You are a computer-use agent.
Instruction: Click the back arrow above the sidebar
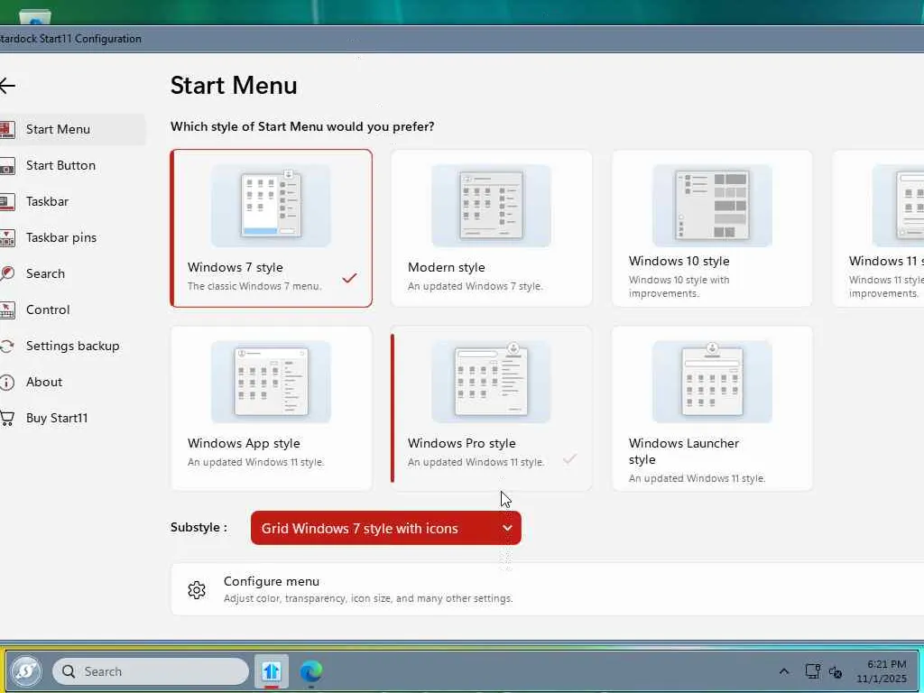(x=7, y=86)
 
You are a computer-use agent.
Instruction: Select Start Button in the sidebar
(x=60, y=166)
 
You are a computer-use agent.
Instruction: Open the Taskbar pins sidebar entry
(x=61, y=237)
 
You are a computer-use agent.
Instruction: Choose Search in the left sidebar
(x=45, y=273)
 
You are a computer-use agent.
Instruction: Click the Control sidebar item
(x=48, y=310)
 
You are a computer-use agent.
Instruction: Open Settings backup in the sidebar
(x=72, y=346)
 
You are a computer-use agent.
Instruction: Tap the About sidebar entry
(x=44, y=382)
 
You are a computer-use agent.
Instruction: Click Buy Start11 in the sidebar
(x=57, y=418)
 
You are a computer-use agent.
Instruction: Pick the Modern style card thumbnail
(x=492, y=205)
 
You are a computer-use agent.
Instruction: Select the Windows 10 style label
(x=679, y=261)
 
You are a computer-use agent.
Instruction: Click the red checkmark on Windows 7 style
(x=349, y=277)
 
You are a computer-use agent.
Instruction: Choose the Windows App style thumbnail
(x=271, y=382)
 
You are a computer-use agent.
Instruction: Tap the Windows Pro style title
(x=461, y=443)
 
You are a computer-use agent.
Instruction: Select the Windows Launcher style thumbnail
(x=712, y=382)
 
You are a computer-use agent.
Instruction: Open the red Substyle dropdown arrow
(x=507, y=528)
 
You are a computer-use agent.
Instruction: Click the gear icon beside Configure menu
(x=197, y=590)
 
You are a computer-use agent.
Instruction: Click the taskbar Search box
(x=151, y=671)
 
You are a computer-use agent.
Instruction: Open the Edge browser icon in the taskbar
(x=311, y=671)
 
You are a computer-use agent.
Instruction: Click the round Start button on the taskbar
(x=26, y=670)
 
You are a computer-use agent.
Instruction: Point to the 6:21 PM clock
(x=886, y=664)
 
